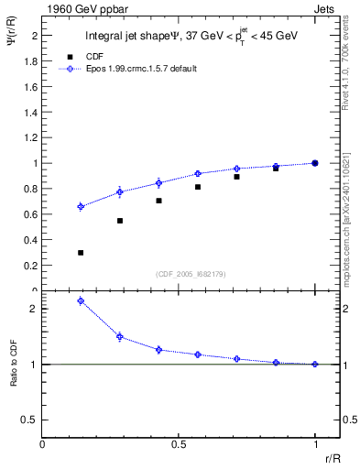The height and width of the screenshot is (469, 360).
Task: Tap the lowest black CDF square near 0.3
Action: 81,253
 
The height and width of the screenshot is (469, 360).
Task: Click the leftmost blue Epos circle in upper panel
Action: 81,207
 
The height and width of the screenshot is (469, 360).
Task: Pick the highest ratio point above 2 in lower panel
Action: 81,300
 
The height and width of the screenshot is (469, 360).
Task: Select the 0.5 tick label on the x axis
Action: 179,443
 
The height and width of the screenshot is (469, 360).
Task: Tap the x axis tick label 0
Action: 42,443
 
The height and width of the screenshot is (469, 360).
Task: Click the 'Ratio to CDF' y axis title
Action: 13,377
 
